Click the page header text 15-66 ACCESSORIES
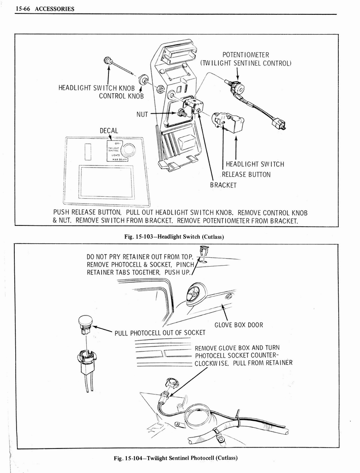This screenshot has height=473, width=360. pos(44,9)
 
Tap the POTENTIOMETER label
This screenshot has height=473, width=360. pos(246,55)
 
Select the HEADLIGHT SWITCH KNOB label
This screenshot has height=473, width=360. pos(96,88)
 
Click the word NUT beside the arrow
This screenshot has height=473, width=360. pos(142,114)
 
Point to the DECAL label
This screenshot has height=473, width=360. pos(109,131)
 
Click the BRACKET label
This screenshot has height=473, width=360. pos(223,185)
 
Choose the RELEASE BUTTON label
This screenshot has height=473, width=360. pos(246,175)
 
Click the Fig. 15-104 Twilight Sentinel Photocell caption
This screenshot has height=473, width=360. pos(176,458)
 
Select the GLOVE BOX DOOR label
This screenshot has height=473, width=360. pos(239,325)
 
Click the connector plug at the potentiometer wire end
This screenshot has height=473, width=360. pos(279,124)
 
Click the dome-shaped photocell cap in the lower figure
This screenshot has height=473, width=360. pos(85,320)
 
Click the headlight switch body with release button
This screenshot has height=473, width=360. pos(228,122)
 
